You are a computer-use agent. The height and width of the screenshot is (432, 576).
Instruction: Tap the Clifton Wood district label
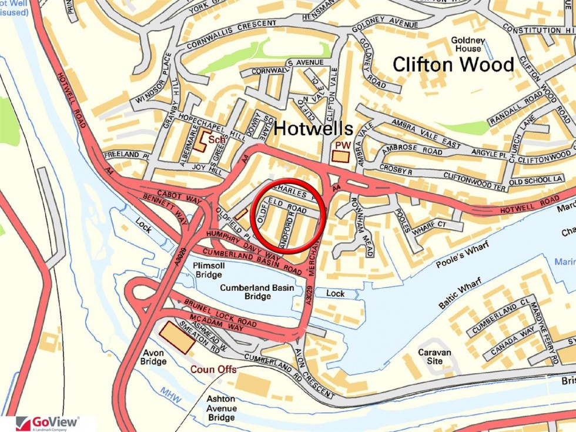coord(453,63)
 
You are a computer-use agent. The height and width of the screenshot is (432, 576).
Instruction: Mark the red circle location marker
coord(288,215)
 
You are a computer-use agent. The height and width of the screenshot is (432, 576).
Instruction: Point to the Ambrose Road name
coord(412,150)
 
